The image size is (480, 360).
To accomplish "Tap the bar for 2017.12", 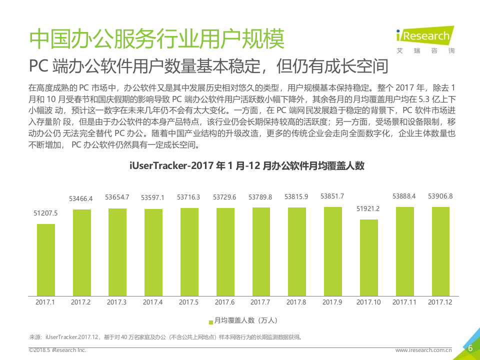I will pyautogui.click(x=440, y=250).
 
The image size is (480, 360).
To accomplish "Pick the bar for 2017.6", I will pyautogui.click(x=225, y=251).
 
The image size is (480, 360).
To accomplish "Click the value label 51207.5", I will pyautogui.click(x=46, y=213).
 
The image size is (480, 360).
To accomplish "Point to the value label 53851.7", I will pyautogui.click(x=332, y=196).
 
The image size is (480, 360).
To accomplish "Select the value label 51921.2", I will pyautogui.click(x=368, y=208).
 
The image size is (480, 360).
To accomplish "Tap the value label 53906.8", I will pyautogui.click(x=440, y=196).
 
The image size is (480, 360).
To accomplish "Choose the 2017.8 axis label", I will pyautogui.click(x=296, y=302).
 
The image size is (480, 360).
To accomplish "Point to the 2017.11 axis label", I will pyautogui.click(x=404, y=302).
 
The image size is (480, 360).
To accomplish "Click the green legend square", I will pyautogui.click(x=210, y=320).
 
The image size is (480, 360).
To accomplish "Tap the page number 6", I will pyautogui.click(x=469, y=348).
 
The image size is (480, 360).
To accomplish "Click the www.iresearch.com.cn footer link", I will pyautogui.click(x=423, y=350).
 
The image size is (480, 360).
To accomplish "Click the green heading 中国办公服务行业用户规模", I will pyautogui.click(x=156, y=38).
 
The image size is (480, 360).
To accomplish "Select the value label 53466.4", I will pyautogui.click(x=81, y=198).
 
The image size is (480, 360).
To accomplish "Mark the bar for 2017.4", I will pyautogui.click(x=153, y=251).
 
